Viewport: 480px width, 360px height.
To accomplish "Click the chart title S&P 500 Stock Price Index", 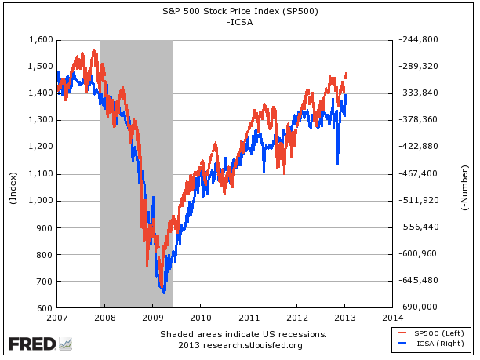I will tap(238, 12).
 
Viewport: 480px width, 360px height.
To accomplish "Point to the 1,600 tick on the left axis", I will tap(40, 39).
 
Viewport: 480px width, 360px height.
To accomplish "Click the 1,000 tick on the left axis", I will tap(40, 200).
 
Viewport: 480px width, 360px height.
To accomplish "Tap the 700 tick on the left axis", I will tap(44, 281).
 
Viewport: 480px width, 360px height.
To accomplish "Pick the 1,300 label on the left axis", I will tap(40, 120).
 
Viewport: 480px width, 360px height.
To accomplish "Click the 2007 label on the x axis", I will tap(57, 318).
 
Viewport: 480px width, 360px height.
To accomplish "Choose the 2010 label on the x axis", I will tap(201, 318).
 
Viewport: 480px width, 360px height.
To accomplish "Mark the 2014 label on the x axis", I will tap(392, 318).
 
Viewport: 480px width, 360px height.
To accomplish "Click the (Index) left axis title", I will tap(13, 187).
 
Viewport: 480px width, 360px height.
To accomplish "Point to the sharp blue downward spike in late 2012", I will tap(337, 161).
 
